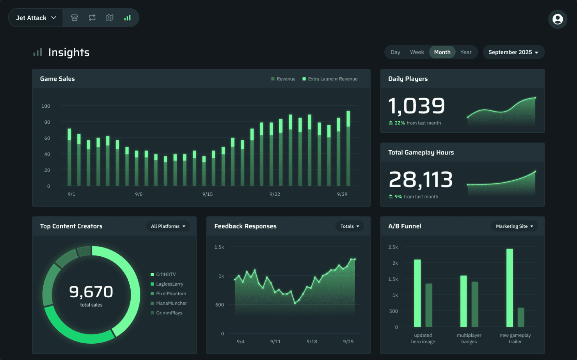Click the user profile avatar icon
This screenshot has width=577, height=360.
pyautogui.click(x=558, y=19)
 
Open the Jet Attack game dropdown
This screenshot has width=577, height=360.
pyautogui.click(x=36, y=18)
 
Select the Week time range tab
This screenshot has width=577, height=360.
pyautogui.click(x=417, y=52)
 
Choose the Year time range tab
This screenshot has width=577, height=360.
pyautogui.click(x=465, y=52)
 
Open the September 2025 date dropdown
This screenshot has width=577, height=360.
pyautogui.click(x=513, y=52)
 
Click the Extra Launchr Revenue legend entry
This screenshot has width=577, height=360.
pyautogui.click(x=330, y=79)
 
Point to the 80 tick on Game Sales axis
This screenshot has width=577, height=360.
pyautogui.click(x=47, y=122)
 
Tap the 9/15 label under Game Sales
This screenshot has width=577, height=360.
pyautogui.click(x=207, y=194)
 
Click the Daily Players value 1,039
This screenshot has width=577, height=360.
pyautogui.click(x=416, y=106)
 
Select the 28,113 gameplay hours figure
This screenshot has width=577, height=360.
pyautogui.click(x=420, y=180)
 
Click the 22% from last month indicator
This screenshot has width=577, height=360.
pyautogui.click(x=415, y=123)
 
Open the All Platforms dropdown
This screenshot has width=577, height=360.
pyautogui.click(x=168, y=226)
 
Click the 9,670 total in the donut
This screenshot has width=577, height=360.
pyautogui.click(x=91, y=292)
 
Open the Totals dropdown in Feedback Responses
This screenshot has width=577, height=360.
pyautogui.click(x=350, y=226)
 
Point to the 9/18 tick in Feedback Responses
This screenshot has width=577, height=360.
pyautogui.click(x=312, y=342)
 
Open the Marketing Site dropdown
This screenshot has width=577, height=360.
pyautogui.click(x=514, y=226)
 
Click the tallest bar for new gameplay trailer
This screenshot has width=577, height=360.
pyautogui.click(x=509, y=288)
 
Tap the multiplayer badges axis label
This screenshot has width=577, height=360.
pyautogui.click(x=469, y=339)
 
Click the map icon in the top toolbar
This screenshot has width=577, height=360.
pyautogui.click(x=110, y=18)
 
